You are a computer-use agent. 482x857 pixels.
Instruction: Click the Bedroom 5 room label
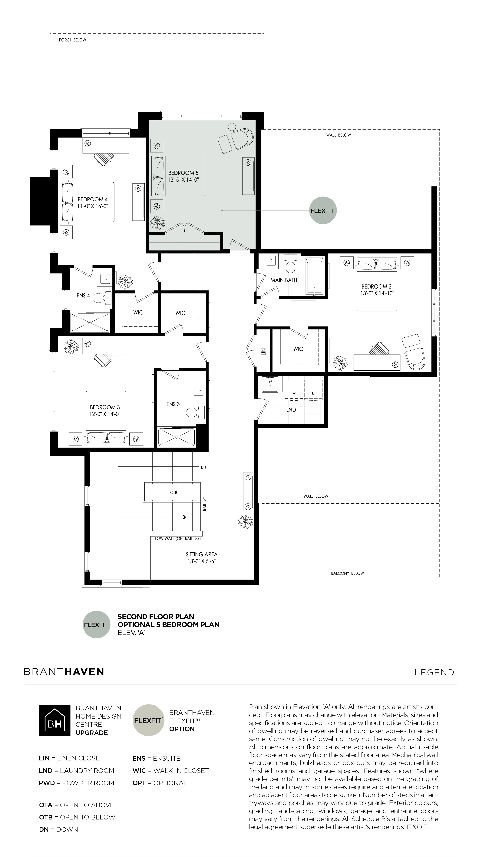pyautogui.click(x=183, y=173)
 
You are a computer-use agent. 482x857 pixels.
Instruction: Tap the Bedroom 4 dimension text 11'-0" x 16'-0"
pyautogui.click(x=93, y=206)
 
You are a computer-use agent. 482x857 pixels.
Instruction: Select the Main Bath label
pyautogui.click(x=284, y=280)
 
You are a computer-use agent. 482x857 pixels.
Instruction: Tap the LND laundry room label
pyautogui.click(x=291, y=410)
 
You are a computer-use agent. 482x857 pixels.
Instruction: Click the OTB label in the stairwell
pyautogui.click(x=174, y=492)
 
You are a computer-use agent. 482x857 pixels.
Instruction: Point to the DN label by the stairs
pyautogui.click(x=204, y=467)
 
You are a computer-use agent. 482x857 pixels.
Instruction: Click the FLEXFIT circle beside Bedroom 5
pyautogui.click(x=323, y=210)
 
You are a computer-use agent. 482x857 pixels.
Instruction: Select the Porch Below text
pyautogui.click(x=73, y=40)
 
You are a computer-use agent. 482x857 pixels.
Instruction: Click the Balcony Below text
pyautogui.click(x=347, y=573)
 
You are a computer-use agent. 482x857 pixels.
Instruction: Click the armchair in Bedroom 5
pyautogui.click(x=242, y=139)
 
